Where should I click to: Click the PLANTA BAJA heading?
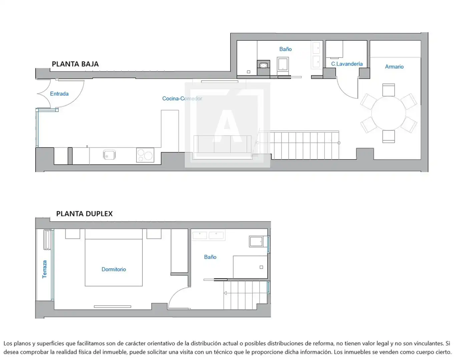[75, 64]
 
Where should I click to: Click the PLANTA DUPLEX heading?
[84, 214]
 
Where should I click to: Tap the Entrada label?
[59, 94]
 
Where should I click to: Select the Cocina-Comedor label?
[182, 98]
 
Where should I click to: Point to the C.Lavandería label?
[347, 64]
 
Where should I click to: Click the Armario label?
[394, 67]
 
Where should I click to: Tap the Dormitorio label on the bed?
[114, 269]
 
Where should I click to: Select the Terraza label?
[44, 269]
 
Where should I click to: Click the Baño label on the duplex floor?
[210, 257]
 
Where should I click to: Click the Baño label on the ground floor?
[286, 49]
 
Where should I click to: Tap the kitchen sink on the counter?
[109, 155]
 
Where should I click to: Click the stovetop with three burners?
[145, 155]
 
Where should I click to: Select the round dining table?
[389, 113]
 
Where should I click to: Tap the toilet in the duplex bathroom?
[256, 241]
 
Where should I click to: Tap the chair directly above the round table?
[389, 90]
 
